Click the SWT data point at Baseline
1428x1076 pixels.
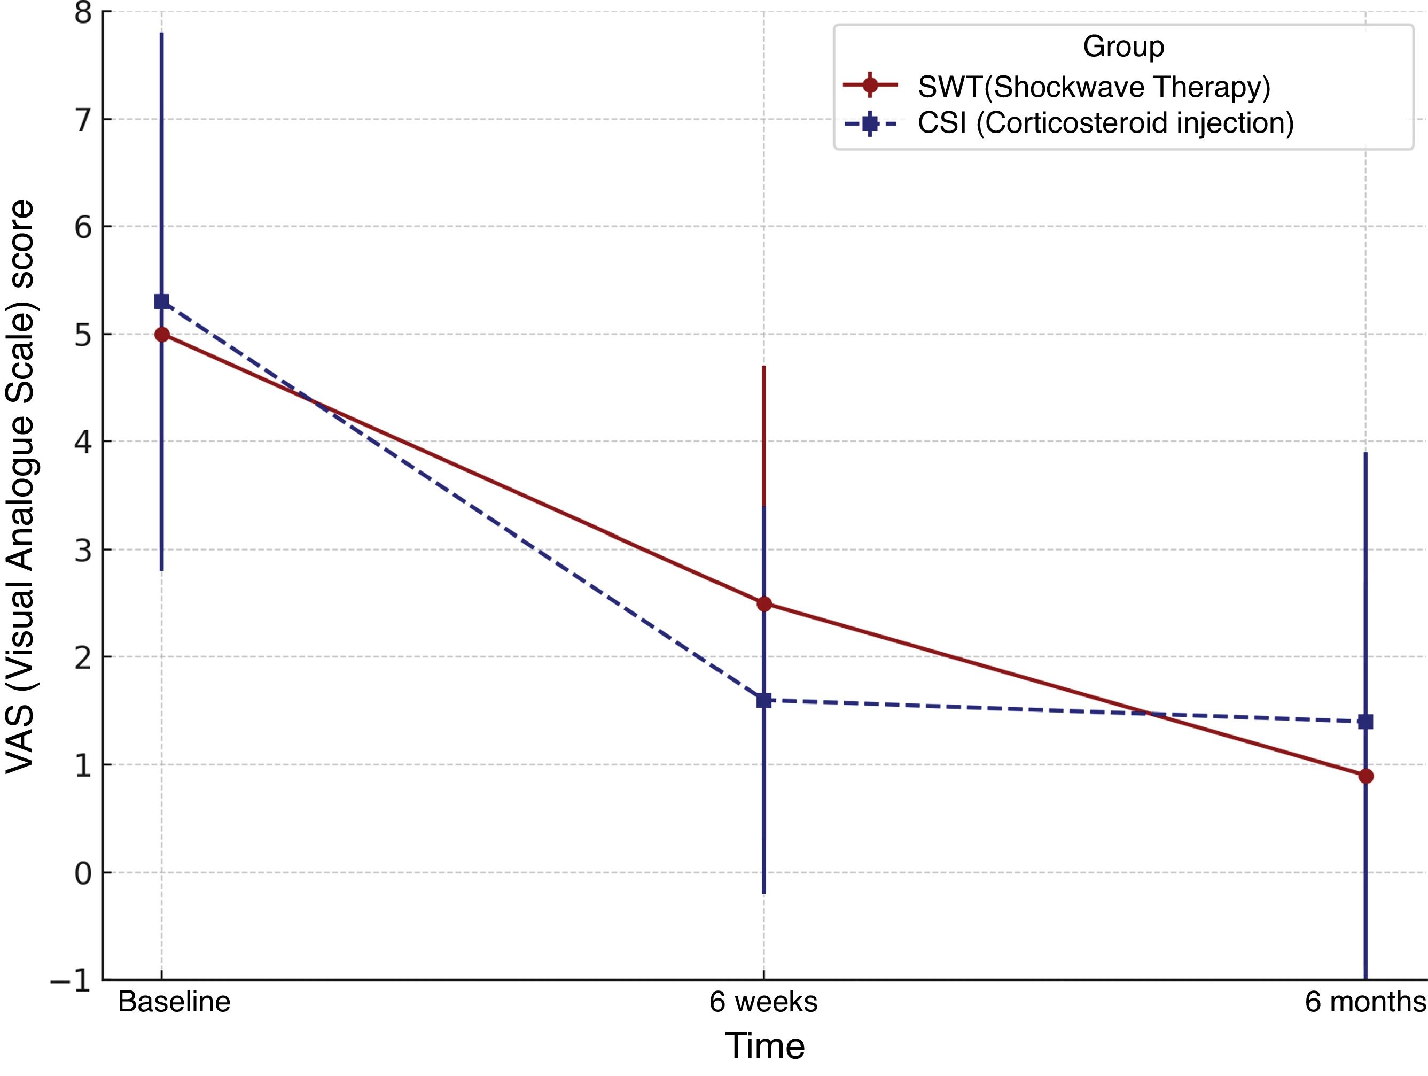pyautogui.click(x=162, y=335)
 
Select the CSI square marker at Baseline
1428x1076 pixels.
pyautogui.click(x=161, y=301)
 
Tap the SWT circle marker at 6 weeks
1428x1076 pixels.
pyautogui.click(x=764, y=604)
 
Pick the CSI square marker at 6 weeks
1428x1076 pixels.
pyautogui.click(x=764, y=700)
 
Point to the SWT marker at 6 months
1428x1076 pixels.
pyautogui.click(x=1365, y=776)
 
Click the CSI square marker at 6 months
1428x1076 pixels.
pyautogui.click(x=1365, y=722)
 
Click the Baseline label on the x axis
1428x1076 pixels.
pyautogui.click(x=174, y=1002)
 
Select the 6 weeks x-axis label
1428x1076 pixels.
pyautogui.click(x=764, y=1002)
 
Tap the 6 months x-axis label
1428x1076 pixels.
pyautogui.click(x=1365, y=1002)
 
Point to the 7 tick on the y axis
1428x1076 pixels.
pyautogui.click(x=83, y=120)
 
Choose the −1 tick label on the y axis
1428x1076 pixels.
pyautogui.click(x=71, y=980)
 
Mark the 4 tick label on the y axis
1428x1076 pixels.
pyautogui.click(x=83, y=442)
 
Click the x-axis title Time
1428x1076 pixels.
pyautogui.click(x=765, y=1046)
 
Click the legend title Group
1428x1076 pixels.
pyautogui.click(x=1124, y=47)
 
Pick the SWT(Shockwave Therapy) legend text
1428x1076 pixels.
pyautogui.click(x=1094, y=87)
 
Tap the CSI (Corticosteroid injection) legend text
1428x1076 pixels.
pyautogui.click(x=1106, y=123)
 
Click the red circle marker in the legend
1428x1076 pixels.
pyautogui.click(x=870, y=84)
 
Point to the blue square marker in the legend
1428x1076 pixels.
pyautogui.click(x=870, y=123)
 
